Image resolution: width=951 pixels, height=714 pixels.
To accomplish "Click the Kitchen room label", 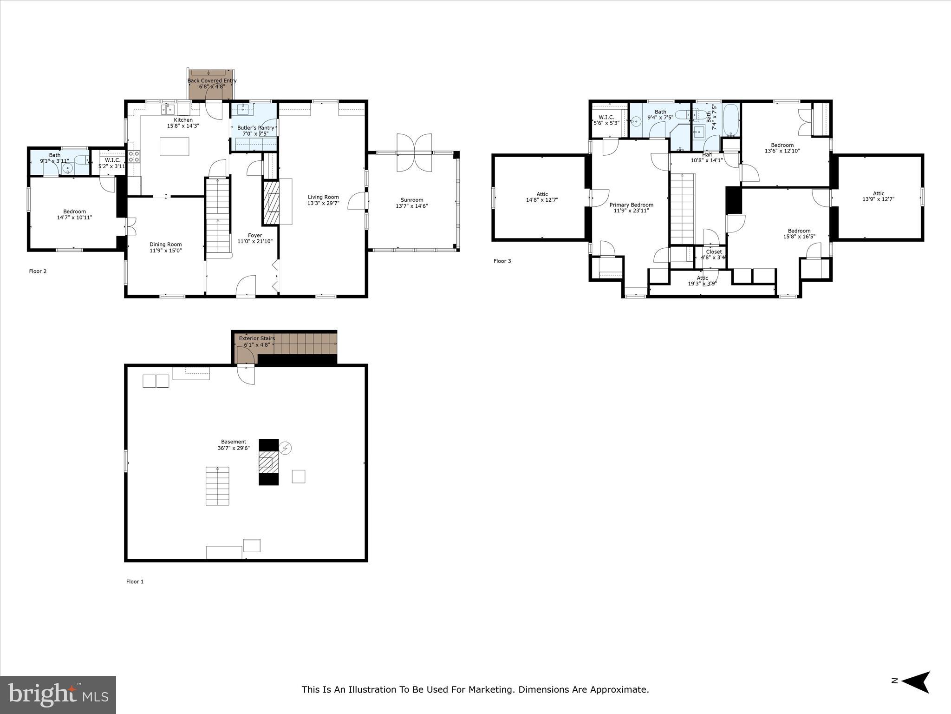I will (x=183, y=120).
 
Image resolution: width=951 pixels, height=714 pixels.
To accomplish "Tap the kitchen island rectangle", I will (x=175, y=146).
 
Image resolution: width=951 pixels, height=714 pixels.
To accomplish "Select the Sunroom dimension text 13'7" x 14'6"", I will (x=411, y=206).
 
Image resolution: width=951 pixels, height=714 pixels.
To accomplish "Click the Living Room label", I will (x=323, y=197).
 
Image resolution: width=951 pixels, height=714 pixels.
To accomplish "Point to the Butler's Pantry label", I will (x=255, y=128).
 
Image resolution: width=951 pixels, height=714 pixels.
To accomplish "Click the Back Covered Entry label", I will (x=212, y=80).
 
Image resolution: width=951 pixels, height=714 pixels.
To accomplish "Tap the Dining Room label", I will (x=165, y=245).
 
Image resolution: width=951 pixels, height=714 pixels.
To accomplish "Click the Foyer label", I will (x=255, y=236).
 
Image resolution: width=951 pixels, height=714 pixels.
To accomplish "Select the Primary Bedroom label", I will (x=631, y=205).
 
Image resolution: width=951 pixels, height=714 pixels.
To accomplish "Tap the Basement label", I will (x=234, y=442).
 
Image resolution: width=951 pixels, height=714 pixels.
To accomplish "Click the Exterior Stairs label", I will (x=257, y=338).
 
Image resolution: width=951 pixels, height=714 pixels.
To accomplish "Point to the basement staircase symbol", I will (x=217, y=486).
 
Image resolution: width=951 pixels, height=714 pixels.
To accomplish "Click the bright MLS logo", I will (x=58, y=694).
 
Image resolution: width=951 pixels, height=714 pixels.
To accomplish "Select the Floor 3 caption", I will (x=502, y=261).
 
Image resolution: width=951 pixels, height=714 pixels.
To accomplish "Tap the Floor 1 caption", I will (x=135, y=582).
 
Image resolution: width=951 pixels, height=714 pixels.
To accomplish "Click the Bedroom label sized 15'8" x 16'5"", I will (x=799, y=231).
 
